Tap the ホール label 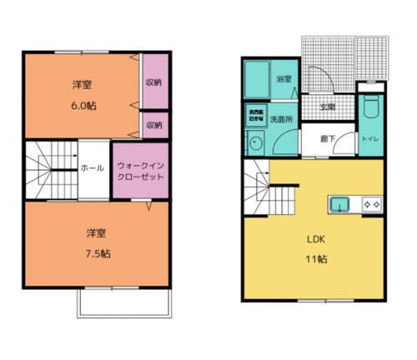point(92,168)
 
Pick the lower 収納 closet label point(153,125)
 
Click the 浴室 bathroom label point(284,79)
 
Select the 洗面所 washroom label point(281,119)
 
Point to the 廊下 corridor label point(329,138)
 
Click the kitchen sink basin point(341,204)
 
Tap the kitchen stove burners point(370,204)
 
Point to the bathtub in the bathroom point(257,81)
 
